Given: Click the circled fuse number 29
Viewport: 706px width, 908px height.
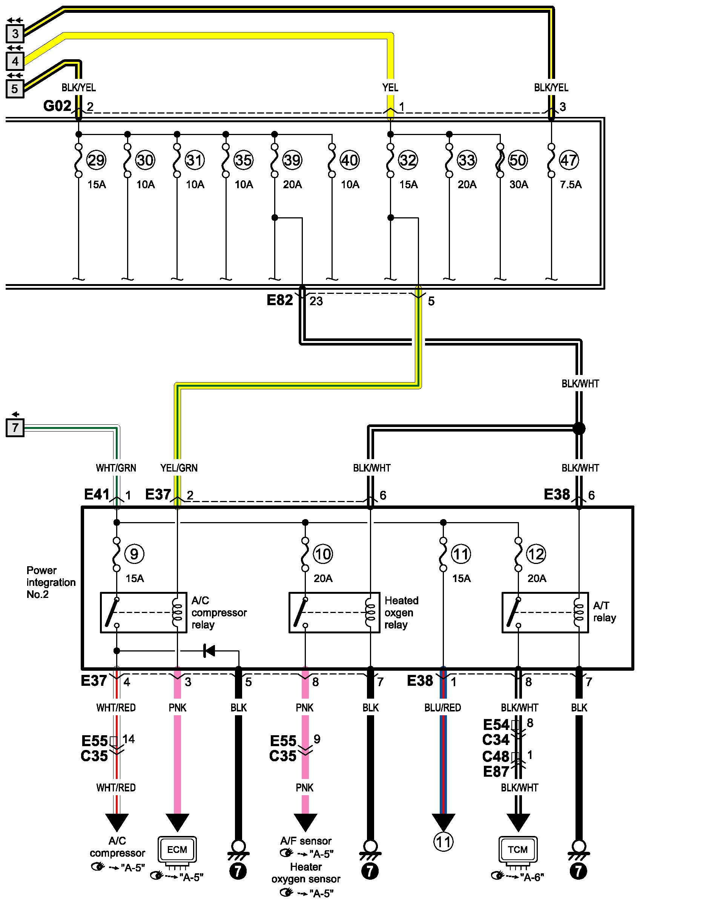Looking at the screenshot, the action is coord(96,160).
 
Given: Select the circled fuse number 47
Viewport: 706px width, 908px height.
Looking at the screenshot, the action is coord(569,160).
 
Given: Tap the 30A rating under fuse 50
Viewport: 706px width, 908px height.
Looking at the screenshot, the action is coord(519,184).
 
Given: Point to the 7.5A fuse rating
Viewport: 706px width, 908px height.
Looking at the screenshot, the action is coord(571,184).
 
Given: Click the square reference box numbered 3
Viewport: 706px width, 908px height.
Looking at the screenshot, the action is coord(15,34).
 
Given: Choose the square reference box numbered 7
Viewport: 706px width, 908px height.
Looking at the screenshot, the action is coord(15,428).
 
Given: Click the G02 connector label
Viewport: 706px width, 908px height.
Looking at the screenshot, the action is coord(57,106).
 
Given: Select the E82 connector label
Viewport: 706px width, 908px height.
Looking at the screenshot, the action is coord(280,300).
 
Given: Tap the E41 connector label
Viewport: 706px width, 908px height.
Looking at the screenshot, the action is coord(97,494).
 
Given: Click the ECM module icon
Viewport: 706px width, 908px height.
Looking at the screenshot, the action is coord(177,850).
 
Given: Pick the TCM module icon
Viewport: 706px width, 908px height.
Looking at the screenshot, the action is coord(518,850).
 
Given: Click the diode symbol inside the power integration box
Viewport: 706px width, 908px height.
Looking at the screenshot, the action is coord(209,651).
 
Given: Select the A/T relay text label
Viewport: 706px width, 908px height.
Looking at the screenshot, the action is coord(604,611).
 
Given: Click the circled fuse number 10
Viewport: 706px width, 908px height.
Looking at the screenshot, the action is coord(323,554).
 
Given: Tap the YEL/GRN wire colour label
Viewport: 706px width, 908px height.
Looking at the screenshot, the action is coord(179,468).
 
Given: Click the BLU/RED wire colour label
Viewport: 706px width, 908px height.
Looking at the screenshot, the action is coord(442,708).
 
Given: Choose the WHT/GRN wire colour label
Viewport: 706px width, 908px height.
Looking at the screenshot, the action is coord(116,468).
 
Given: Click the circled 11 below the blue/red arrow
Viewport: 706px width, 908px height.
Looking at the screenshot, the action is coord(444,842).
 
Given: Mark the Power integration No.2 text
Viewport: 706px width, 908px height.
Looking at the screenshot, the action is coord(51,582).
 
